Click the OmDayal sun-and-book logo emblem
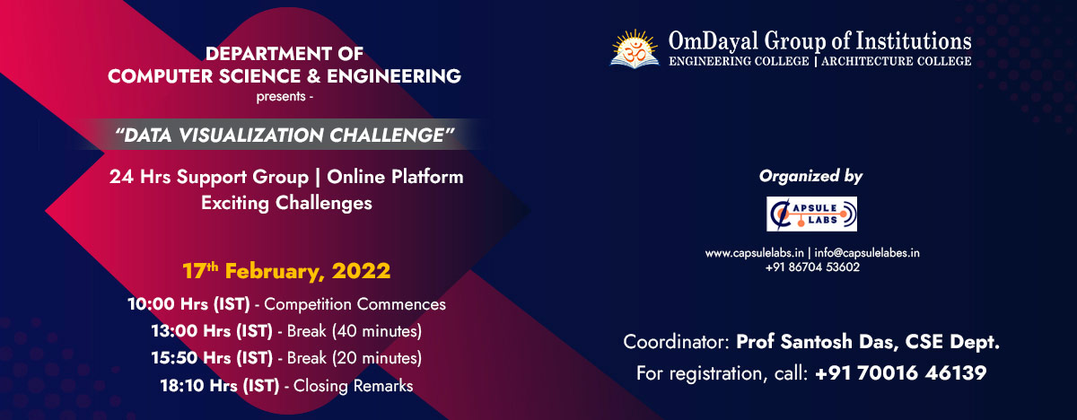coord(635,48)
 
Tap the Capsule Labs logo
coord(811,214)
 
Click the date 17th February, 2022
coord(286,270)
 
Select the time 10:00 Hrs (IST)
coord(188,304)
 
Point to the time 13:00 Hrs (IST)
coord(212,331)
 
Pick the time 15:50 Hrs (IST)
coord(212,358)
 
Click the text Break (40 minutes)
coord(355,331)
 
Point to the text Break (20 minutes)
coord(355,358)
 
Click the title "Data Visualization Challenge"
coord(285,135)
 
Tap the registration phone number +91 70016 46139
coord(901,372)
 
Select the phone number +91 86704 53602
coord(812,267)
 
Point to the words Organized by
coord(810,177)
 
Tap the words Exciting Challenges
coord(285,203)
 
